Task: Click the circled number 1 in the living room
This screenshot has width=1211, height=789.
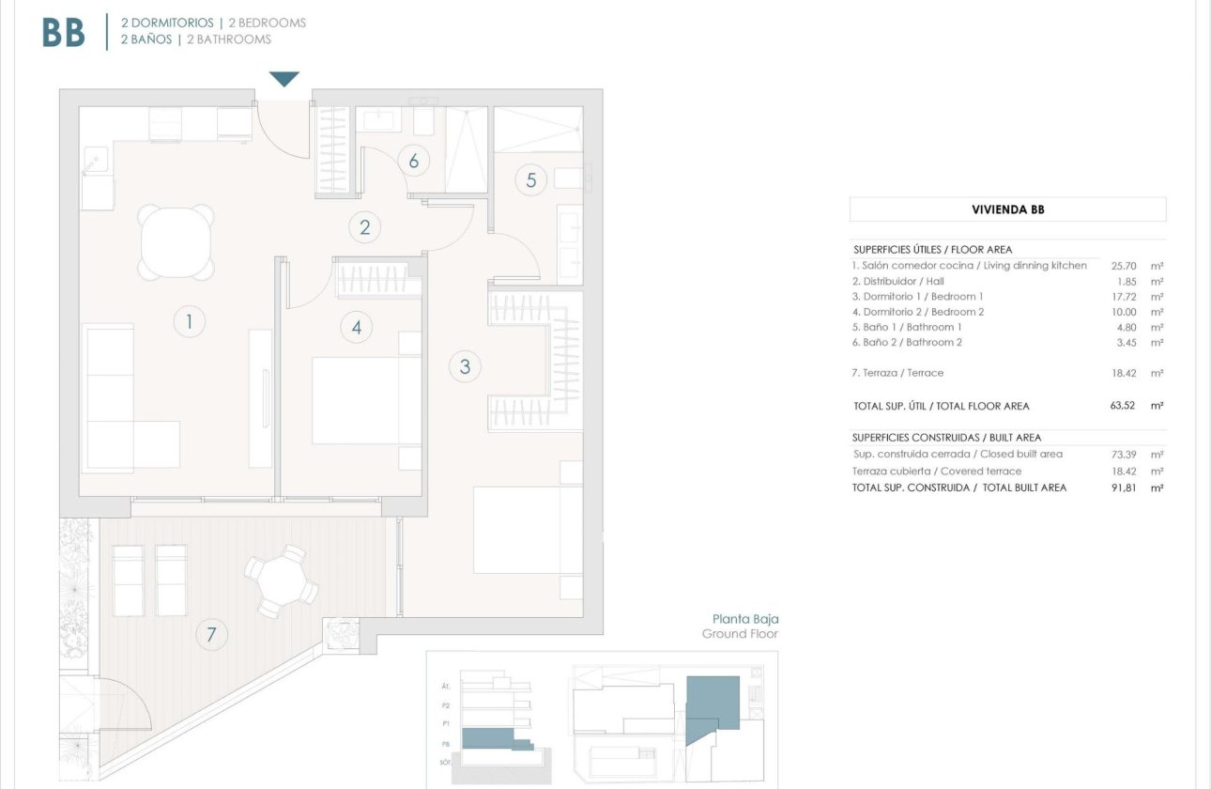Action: coord(189,322)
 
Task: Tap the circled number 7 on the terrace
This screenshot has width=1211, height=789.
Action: coord(211,635)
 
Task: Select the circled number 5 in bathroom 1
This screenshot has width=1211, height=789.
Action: coord(530,179)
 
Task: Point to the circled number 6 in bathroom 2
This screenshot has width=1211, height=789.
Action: coord(413,161)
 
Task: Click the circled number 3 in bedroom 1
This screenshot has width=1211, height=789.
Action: coord(465,366)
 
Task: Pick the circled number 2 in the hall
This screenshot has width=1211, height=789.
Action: coord(364,226)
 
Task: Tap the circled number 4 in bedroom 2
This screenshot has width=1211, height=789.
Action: coord(357,327)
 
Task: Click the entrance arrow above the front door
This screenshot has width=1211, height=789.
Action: coord(284,79)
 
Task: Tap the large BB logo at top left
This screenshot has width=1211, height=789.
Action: coord(64,33)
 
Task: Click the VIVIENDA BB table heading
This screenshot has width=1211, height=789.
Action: coord(1007,209)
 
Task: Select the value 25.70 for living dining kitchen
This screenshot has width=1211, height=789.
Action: coord(1123,266)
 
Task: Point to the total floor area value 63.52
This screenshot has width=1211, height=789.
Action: coord(1123,406)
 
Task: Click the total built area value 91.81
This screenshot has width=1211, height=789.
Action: coord(1123,487)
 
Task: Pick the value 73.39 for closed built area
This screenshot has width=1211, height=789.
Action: coord(1123,454)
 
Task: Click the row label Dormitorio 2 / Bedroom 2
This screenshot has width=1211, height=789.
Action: coord(918,312)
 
